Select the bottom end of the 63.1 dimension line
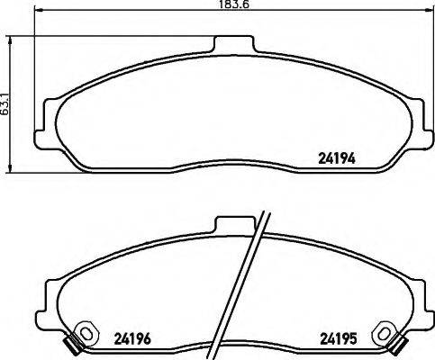(x=10, y=173)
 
